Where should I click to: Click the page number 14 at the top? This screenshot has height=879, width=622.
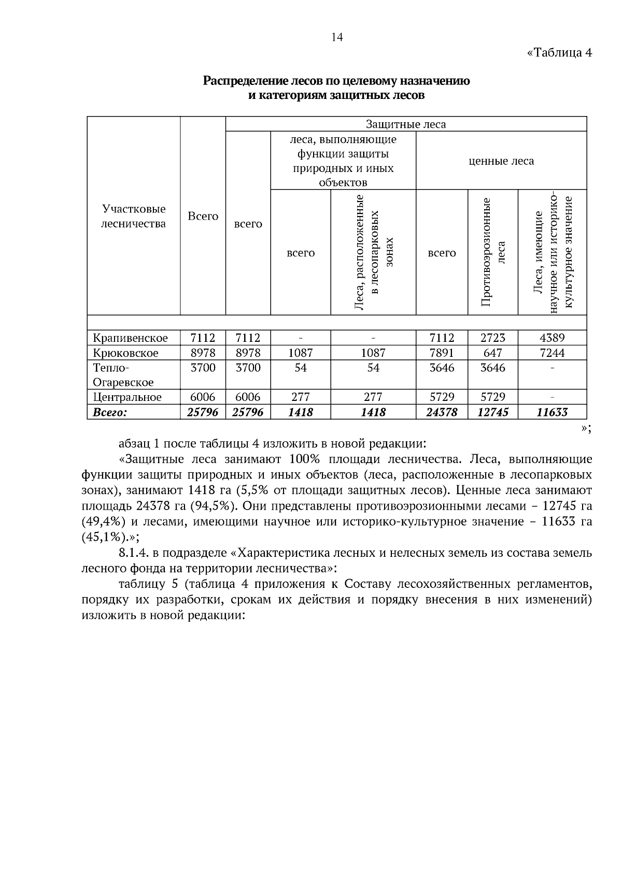pos(337,37)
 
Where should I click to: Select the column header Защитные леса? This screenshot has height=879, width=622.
pos(405,124)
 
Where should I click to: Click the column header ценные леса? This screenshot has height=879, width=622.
pos(501,161)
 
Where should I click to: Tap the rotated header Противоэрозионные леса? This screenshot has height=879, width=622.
pos(492,252)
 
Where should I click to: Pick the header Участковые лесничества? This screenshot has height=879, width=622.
pos(133,216)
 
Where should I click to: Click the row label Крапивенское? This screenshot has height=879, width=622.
pos(130,338)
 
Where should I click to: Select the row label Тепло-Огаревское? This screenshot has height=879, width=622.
pos(123,375)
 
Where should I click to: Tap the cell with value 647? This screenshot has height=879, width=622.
pos(492,353)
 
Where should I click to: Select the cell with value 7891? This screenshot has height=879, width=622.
pos(442,353)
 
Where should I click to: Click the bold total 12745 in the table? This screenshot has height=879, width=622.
pos(492,412)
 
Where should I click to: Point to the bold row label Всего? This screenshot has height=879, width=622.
pos(109,412)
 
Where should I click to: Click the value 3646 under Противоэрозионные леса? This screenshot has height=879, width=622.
pos(492,368)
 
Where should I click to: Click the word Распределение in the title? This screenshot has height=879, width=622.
pos(241,81)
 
